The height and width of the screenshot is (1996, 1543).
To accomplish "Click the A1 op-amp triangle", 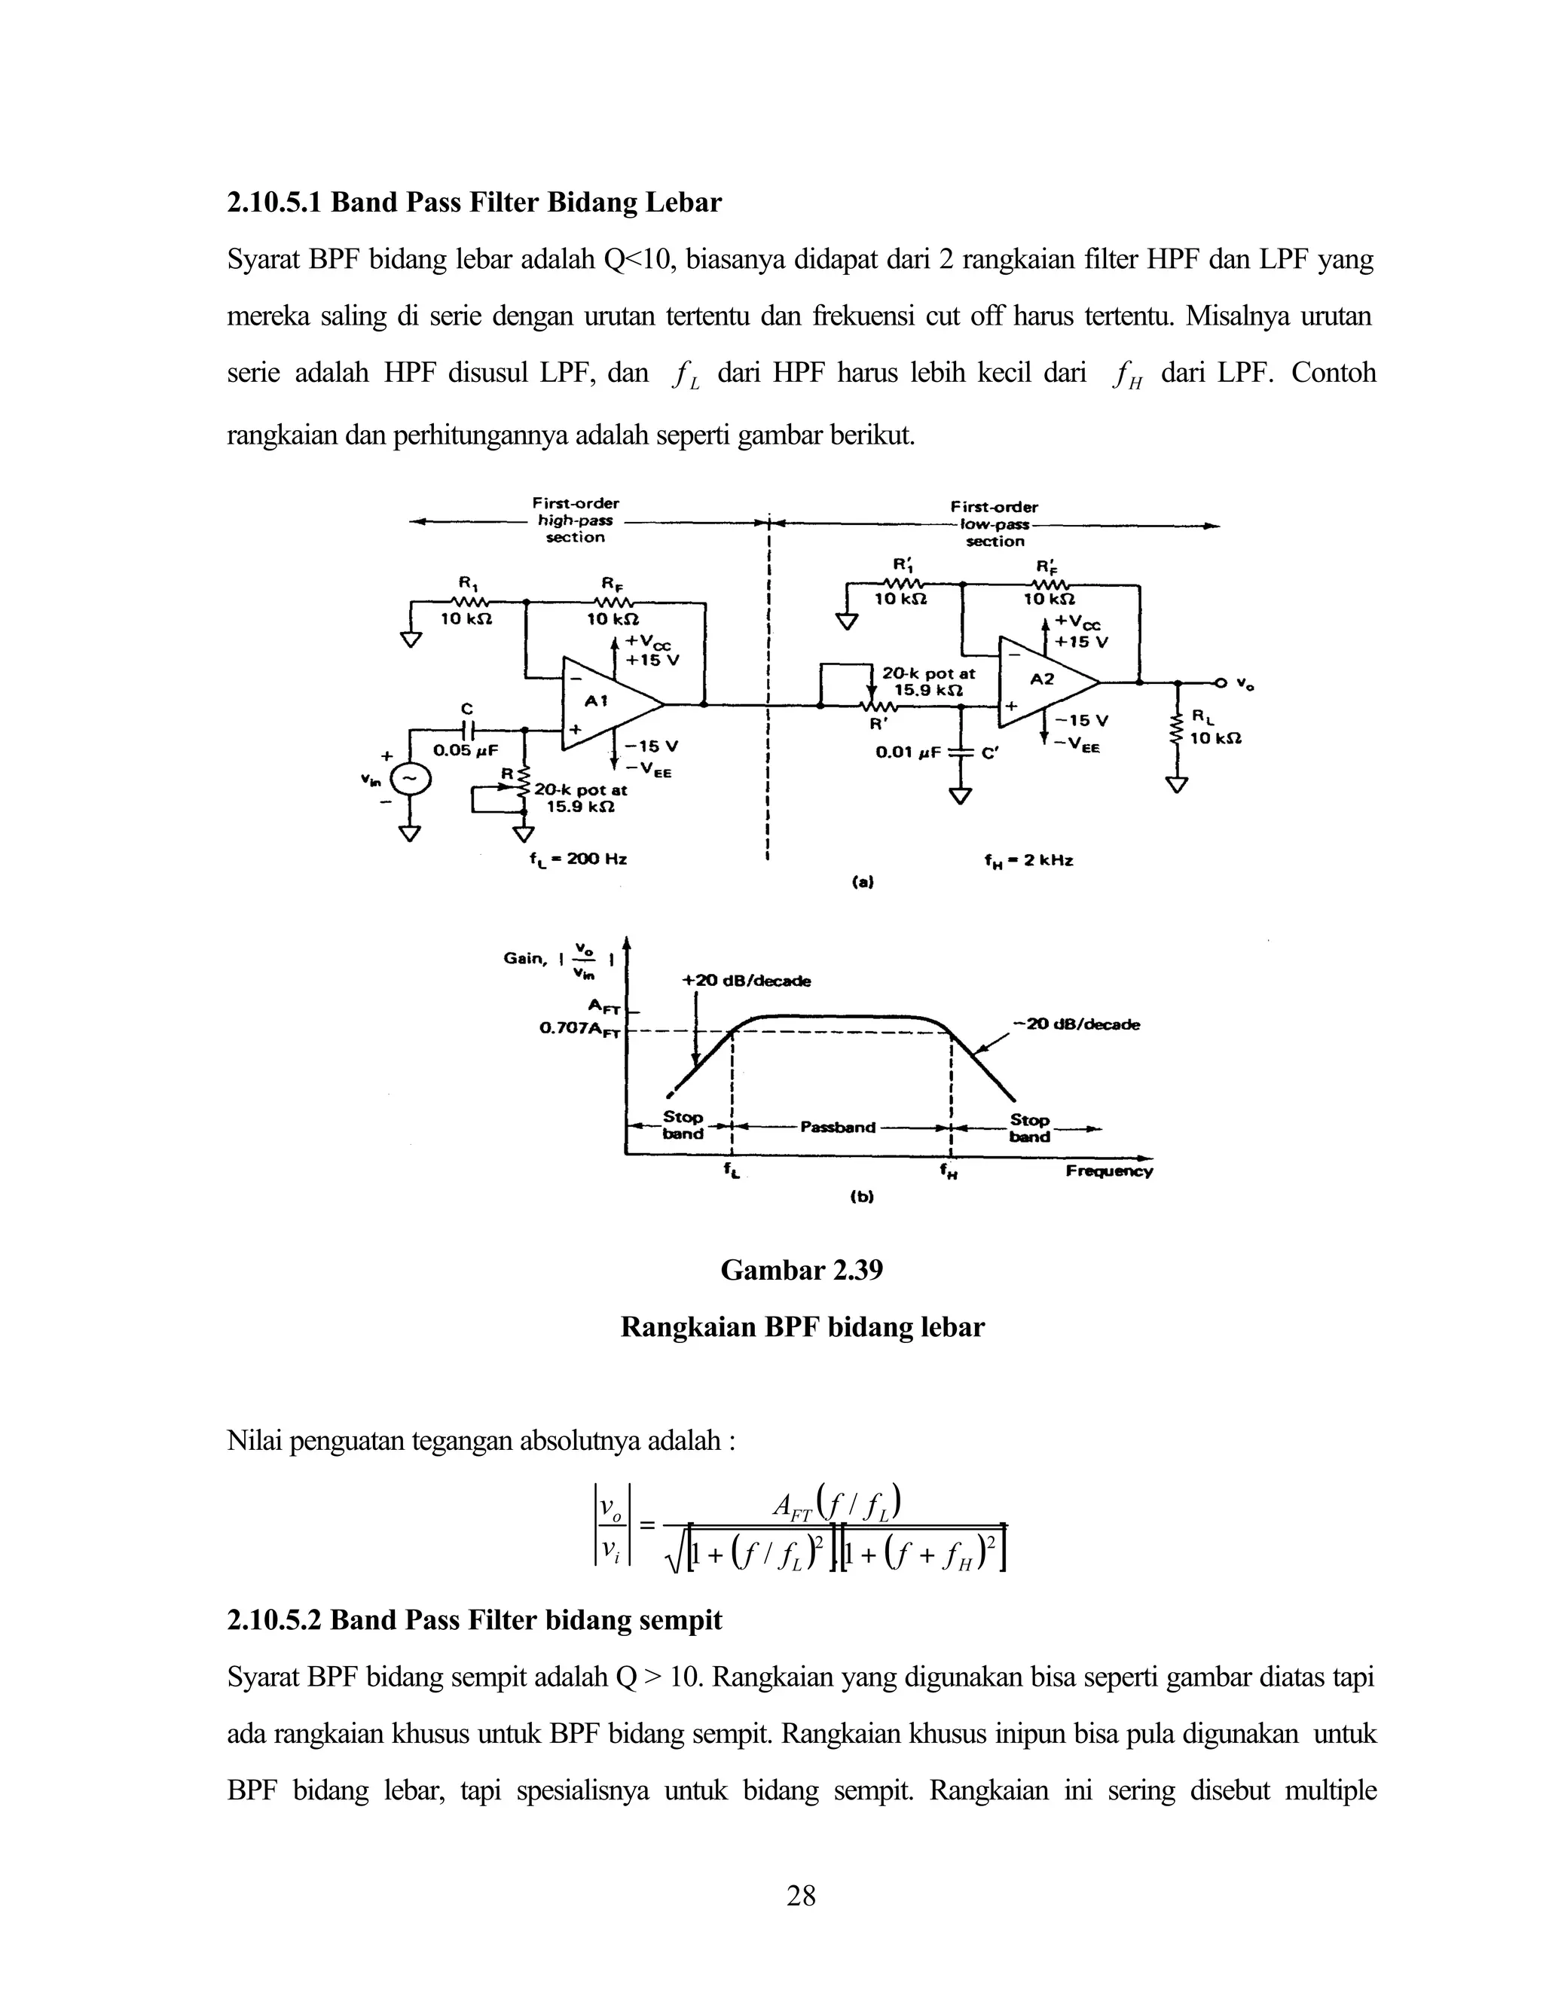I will pyautogui.click(x=603, y=703).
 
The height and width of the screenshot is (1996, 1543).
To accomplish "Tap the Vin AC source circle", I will pyautogui.click(x=410, y=779).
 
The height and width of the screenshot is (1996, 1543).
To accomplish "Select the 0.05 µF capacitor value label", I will pyautogui.click(x=466, y=750).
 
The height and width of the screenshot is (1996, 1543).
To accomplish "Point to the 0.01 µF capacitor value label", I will pyautogui.click(x=908, y=753).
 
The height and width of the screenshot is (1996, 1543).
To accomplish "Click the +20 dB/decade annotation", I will pyautogui.click(x=746, y=981).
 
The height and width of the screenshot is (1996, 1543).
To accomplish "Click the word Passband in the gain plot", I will pyautogui.click(x=837, y=1127).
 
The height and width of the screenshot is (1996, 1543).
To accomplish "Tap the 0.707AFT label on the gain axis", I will pyautogui.click(x=579, y=1029).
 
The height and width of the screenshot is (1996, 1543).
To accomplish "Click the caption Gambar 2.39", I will pyautogui.click(x=802, y=1271).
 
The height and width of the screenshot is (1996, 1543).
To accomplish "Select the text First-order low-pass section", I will pyautogui.click(x=995, y=523).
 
